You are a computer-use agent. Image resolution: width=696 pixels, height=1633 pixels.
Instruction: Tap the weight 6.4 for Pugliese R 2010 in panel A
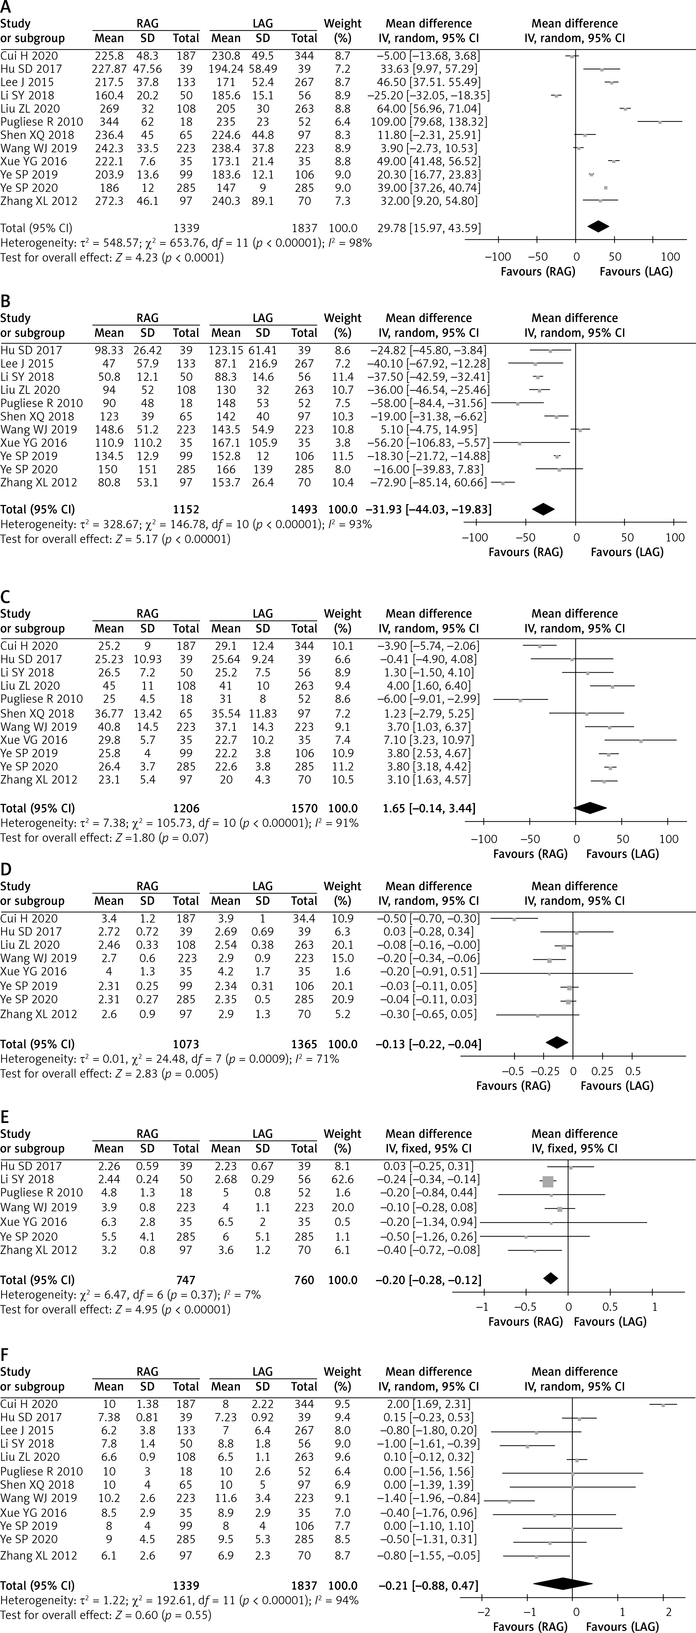(x=342, y=122)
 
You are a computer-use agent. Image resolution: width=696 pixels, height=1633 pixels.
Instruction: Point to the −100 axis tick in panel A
(x=497, y=257)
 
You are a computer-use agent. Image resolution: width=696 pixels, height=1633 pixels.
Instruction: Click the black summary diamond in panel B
(x=543, y=509)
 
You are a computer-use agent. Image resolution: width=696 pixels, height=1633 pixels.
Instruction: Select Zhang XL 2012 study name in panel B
(x=39, y=482)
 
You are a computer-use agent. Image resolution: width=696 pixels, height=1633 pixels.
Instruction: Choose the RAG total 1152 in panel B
(x=186, y=509)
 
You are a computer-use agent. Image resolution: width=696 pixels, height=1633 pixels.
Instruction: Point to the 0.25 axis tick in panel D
(x=602, y=1071)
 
